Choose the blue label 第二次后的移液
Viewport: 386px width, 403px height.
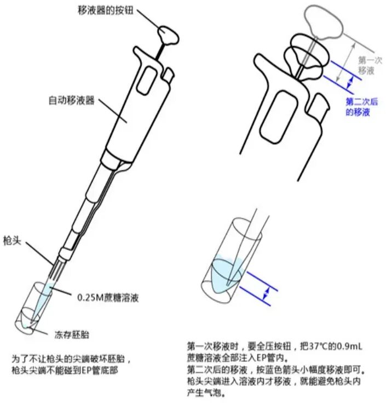point(361,106)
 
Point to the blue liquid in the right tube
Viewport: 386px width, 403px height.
point(224,271)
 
